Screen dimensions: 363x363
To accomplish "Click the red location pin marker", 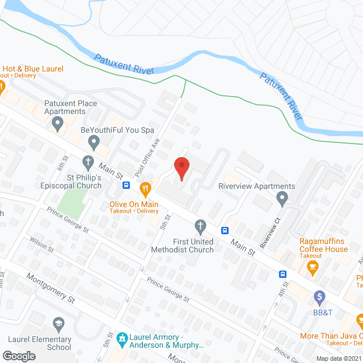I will coord(181,168).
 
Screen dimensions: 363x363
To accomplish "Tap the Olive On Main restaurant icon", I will coord(145,188).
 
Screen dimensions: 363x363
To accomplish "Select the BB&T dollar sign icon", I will coord(320,296).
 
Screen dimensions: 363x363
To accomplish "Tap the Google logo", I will coord(19,356).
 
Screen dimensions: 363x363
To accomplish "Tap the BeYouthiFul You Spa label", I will coord(117,130).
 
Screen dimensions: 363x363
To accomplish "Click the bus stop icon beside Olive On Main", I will coord(128,185).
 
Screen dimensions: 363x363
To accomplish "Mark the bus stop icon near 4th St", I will coord(282,274).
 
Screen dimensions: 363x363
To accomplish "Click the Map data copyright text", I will coord(339,358).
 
